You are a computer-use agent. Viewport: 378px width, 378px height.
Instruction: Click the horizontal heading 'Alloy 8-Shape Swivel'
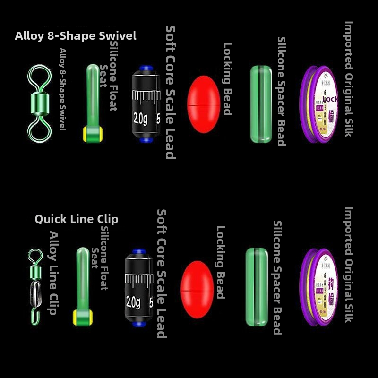[76, 36]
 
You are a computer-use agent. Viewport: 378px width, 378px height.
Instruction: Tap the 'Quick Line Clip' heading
[77, 219]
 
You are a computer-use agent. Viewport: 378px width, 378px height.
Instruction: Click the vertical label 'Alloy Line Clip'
[54, 273]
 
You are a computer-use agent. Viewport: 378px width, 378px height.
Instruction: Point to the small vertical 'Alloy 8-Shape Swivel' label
[63, 89]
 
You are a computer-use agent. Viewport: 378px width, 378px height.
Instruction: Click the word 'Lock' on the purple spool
[330, 99]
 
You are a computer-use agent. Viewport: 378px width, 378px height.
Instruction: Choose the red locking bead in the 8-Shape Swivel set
[204, 104]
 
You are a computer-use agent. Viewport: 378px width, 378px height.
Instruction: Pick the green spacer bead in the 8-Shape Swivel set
[261, 104]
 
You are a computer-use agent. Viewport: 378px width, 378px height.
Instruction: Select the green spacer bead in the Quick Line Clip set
[257, 287]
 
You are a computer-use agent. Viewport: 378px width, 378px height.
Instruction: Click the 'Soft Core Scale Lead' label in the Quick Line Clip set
[162, 274]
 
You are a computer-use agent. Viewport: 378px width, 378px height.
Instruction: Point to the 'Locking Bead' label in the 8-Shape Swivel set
[227, 78]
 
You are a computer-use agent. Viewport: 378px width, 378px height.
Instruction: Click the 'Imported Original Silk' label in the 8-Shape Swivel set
[349, 79]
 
